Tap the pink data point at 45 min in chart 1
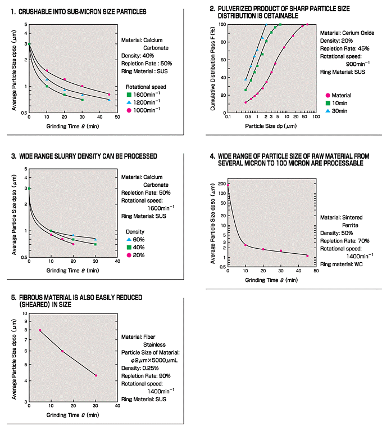109,95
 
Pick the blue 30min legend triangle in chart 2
328,111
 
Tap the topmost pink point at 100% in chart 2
307,24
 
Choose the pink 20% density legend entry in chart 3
130,255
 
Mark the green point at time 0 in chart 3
29,189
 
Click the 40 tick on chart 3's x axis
117,262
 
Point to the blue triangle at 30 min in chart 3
95,239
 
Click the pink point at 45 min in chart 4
307,256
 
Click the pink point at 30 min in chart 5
96,375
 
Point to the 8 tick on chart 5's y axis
25,330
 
